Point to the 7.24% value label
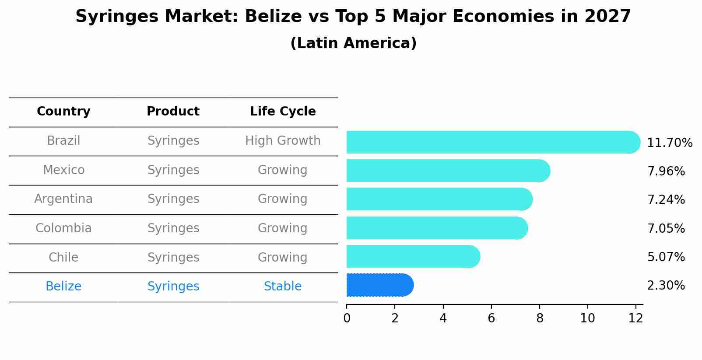point(666,200)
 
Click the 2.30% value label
point(666,286)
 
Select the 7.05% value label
point(666,228)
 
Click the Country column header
point(63,112)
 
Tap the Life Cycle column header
point(283,112)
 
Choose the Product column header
point(173,112)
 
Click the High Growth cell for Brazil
point(283,141)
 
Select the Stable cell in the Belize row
point(283,287)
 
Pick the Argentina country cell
point(63,199)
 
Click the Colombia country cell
point(63,228)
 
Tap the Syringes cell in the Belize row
point(173,287)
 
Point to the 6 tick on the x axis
point(491,318)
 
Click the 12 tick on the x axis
point(635,318)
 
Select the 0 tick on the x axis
point(347,318)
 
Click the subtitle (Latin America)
point(353,43)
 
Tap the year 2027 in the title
point(607,17)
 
